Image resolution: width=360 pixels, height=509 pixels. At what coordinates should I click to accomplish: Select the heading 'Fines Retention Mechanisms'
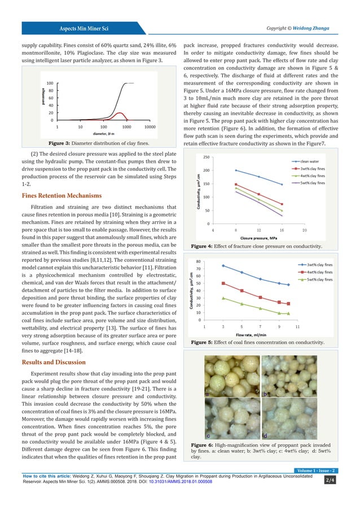tap(62, 196)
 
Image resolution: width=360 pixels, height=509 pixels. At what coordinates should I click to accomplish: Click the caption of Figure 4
tap(256, 247)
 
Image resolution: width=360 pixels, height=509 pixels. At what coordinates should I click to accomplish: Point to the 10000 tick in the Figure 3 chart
tap(150, 127)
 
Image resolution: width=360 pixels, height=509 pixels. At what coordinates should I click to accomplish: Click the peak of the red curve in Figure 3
tap(118, 113)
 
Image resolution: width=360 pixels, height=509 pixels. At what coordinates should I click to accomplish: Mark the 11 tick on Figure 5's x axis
tap(297, 326)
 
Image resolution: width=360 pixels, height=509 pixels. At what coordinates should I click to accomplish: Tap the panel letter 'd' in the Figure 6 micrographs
tap(265, 435)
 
